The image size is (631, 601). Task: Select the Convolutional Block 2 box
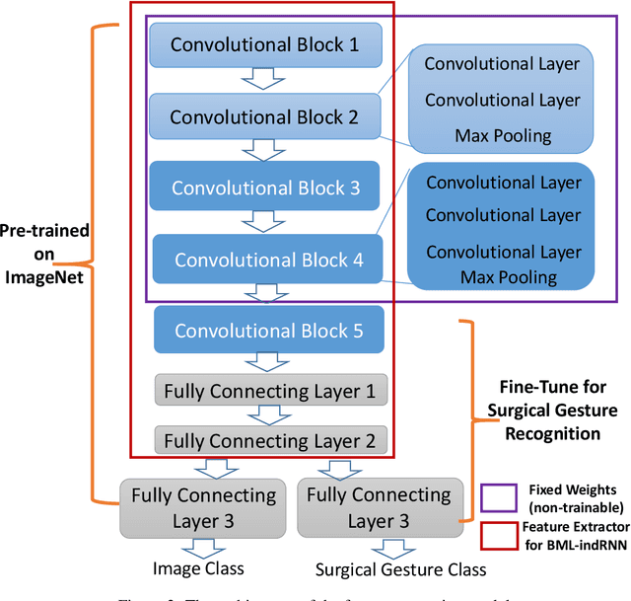tap(262, 116)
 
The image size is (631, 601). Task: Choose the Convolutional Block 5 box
tap(268, 331)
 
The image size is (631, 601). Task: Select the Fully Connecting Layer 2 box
tap(268, 440)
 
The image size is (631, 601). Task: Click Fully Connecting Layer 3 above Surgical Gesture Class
tap(378, 506)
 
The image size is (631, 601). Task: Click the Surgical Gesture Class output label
tap(387, 569)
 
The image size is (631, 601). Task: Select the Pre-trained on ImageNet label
tap(44, 252)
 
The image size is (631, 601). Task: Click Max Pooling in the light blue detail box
tap(502, 134)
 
